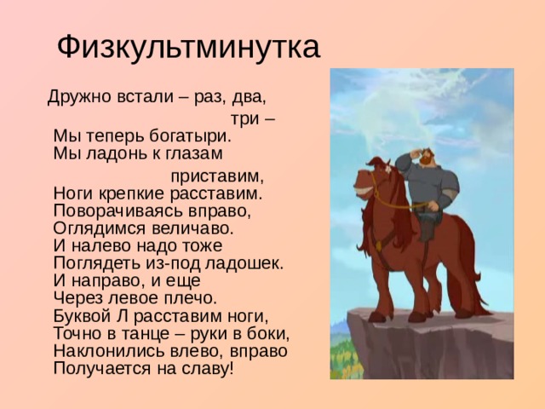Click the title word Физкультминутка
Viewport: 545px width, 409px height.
click(x=188, y=47)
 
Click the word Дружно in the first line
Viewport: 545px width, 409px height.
click(x=75, y=95)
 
